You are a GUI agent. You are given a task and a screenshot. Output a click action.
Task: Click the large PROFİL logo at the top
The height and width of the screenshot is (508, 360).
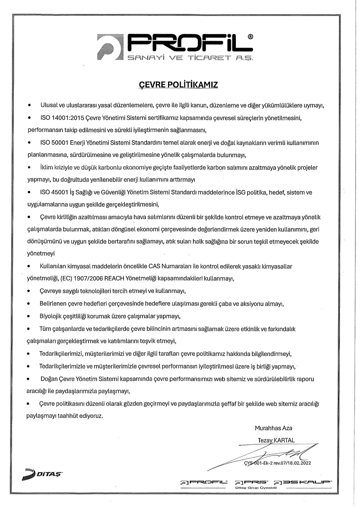176,47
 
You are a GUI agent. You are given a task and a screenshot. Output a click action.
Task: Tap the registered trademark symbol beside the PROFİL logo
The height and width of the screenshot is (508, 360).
250,37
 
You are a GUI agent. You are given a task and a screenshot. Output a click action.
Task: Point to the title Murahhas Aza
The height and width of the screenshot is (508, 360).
274,428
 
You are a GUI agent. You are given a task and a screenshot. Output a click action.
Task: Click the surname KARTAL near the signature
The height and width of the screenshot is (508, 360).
284,440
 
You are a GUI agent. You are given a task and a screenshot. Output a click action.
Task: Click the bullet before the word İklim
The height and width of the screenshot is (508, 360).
30,168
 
